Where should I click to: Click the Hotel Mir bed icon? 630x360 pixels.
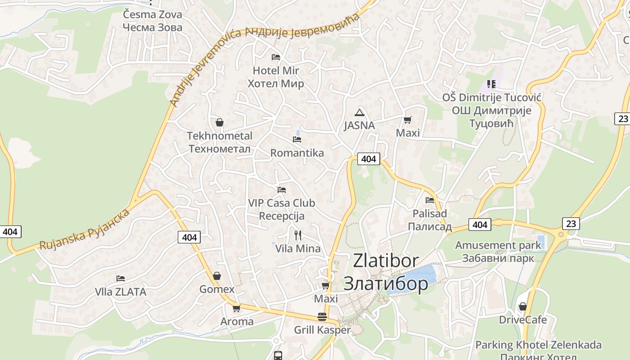(276, 57)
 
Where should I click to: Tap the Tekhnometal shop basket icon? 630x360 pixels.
(220, 122)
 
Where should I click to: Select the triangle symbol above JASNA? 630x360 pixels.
(359, 112)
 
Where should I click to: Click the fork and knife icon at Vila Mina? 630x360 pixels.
(297, 235)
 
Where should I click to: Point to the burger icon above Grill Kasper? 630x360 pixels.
(322, 317)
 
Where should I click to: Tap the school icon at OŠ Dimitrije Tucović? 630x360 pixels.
(491, 84)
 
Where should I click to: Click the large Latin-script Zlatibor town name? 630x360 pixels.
(386, 261)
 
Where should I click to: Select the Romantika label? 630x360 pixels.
(297, 153)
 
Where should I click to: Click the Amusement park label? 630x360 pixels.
(498, 246)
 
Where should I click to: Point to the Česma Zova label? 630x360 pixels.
(153, 14)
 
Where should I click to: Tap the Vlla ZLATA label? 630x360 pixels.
(121, 292)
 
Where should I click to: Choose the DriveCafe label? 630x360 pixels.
(523, 320)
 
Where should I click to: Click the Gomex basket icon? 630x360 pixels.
(217, 276)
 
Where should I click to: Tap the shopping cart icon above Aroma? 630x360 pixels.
(236, 309)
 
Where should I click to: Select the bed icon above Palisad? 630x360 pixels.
(430, 200)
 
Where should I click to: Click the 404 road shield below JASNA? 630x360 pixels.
(369, 159)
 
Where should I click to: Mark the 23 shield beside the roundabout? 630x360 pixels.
(571, 223)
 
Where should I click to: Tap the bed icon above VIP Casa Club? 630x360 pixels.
(282, 190)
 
